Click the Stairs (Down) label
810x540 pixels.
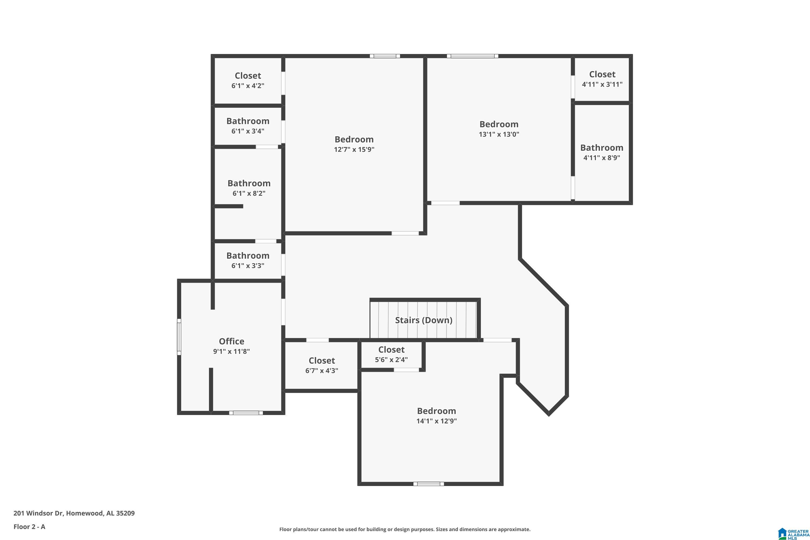click(424, 320)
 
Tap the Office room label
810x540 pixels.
click(231, 341)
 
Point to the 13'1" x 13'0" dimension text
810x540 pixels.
click(499, 134)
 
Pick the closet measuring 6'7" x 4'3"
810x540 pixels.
click(322, 365)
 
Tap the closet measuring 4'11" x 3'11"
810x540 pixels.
click(602, 79)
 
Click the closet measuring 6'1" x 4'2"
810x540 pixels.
click(248, 80)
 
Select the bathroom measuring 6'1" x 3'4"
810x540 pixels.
click(248, 126)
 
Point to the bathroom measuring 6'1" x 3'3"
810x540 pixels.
click(248, 260)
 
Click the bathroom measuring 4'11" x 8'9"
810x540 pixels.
click(602, 153)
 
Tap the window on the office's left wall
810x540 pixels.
click(179, 337)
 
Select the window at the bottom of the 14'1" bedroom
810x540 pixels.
click(428, 484)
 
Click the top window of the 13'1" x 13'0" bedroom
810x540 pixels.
click(473, 56)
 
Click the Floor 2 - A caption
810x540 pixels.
click(29, 526)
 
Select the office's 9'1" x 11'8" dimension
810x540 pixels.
click(231, 352)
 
